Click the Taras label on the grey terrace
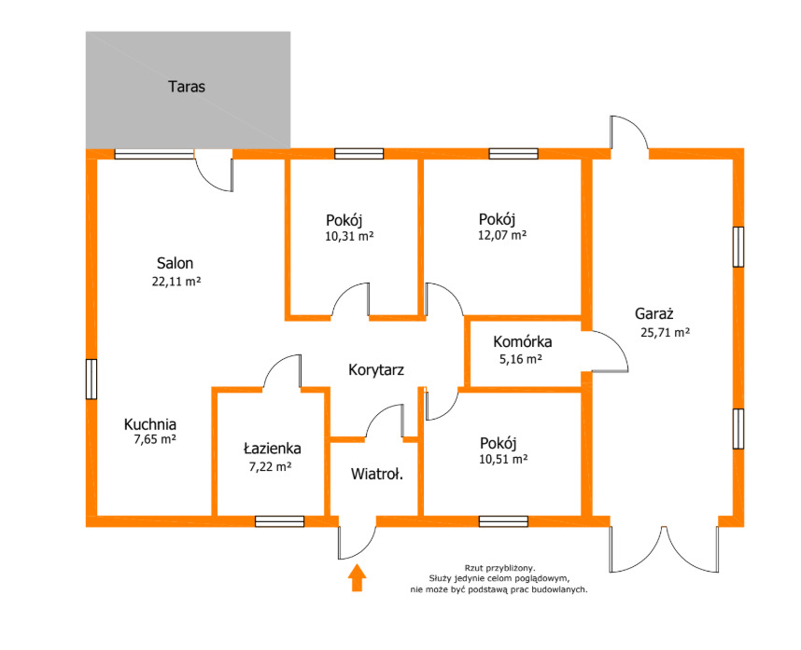187,87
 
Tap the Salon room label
175,263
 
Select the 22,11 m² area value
176,281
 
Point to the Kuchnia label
150,424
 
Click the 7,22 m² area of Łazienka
270,466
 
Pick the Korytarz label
376,370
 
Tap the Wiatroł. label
377,474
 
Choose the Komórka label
523,341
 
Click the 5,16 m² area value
521,359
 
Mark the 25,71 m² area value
665,333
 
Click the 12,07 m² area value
502,235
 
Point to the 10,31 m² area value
349,236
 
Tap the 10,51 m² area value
503,459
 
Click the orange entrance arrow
357,577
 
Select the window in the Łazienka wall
279,521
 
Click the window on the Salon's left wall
91,379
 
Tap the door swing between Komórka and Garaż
610,351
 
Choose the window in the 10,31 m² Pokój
359,154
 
